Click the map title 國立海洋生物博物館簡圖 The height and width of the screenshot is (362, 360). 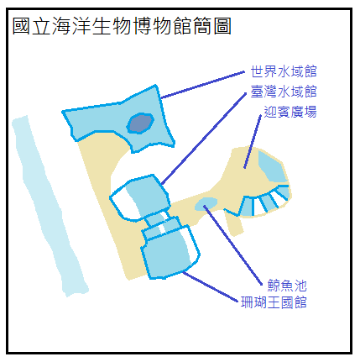coord(122,26)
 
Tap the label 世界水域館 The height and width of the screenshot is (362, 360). coord(284,71)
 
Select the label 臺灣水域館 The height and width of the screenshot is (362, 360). coord(284,92)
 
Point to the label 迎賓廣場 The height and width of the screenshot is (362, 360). coord(290,112)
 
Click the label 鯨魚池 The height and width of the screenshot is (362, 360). coord(287,286)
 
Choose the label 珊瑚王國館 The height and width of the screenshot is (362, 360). coord(274,302)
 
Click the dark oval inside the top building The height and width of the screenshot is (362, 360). coord(140,123)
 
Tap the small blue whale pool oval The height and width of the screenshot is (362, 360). coord(206,203)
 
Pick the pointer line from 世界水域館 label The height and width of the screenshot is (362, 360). coord(203,85)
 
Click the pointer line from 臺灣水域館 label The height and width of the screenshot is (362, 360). coord(204,139)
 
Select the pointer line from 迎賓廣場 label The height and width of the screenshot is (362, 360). coord(253,142)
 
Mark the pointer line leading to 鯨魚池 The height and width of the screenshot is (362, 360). coord(232,245)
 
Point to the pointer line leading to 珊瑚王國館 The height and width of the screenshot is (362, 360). coord(211,286)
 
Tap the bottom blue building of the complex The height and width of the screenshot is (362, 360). coord(170,252)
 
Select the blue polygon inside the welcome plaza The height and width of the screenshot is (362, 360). coord(272,166)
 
